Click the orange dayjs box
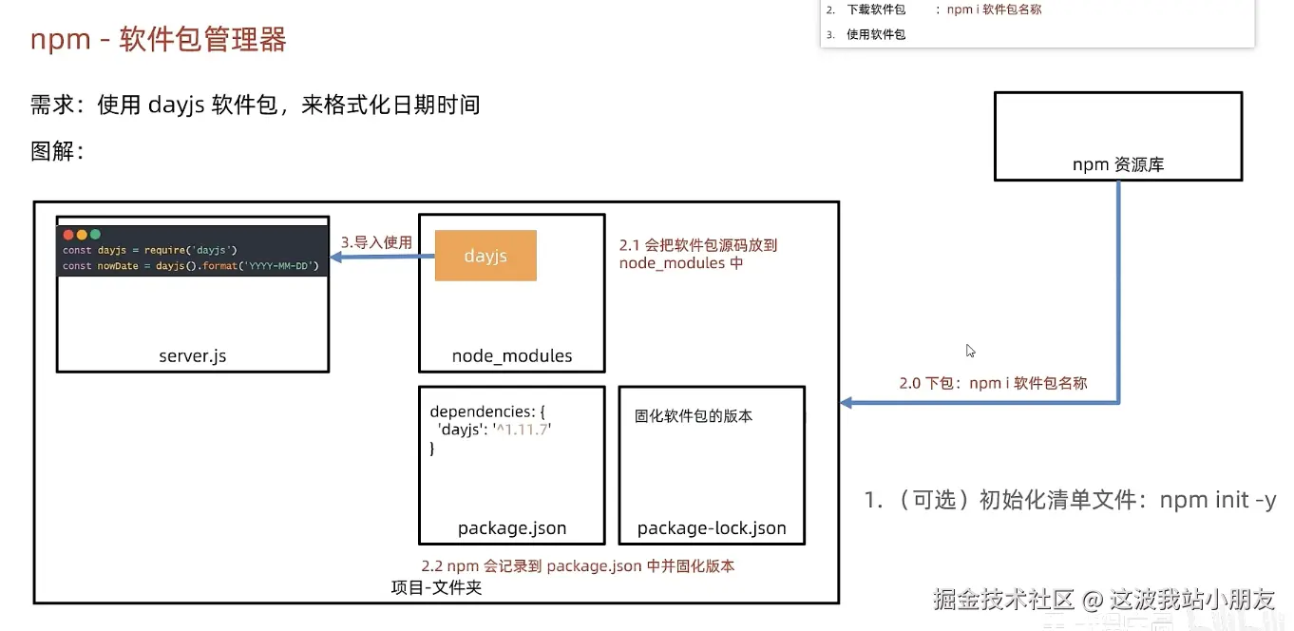(485, 256)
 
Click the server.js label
(192, 356)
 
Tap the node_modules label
(511, 356)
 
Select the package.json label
(511, 528)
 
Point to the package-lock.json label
(712, 528)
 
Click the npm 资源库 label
(1118, 164)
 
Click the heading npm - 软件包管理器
(159, 40)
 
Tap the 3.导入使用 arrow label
(376, 242)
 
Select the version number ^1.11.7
(523, 430)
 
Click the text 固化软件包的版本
(694, 416)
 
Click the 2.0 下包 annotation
(993, 383)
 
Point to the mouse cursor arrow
(970, 350)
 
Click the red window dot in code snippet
(68, 234)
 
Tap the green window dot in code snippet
(95, 234)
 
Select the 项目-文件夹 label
(436, 587)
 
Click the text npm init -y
(1217, 500)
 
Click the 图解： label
(57, 151)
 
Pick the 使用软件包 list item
(875, 34)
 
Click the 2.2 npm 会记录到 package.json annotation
(578, 565)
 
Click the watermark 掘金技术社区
(1002, 599)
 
